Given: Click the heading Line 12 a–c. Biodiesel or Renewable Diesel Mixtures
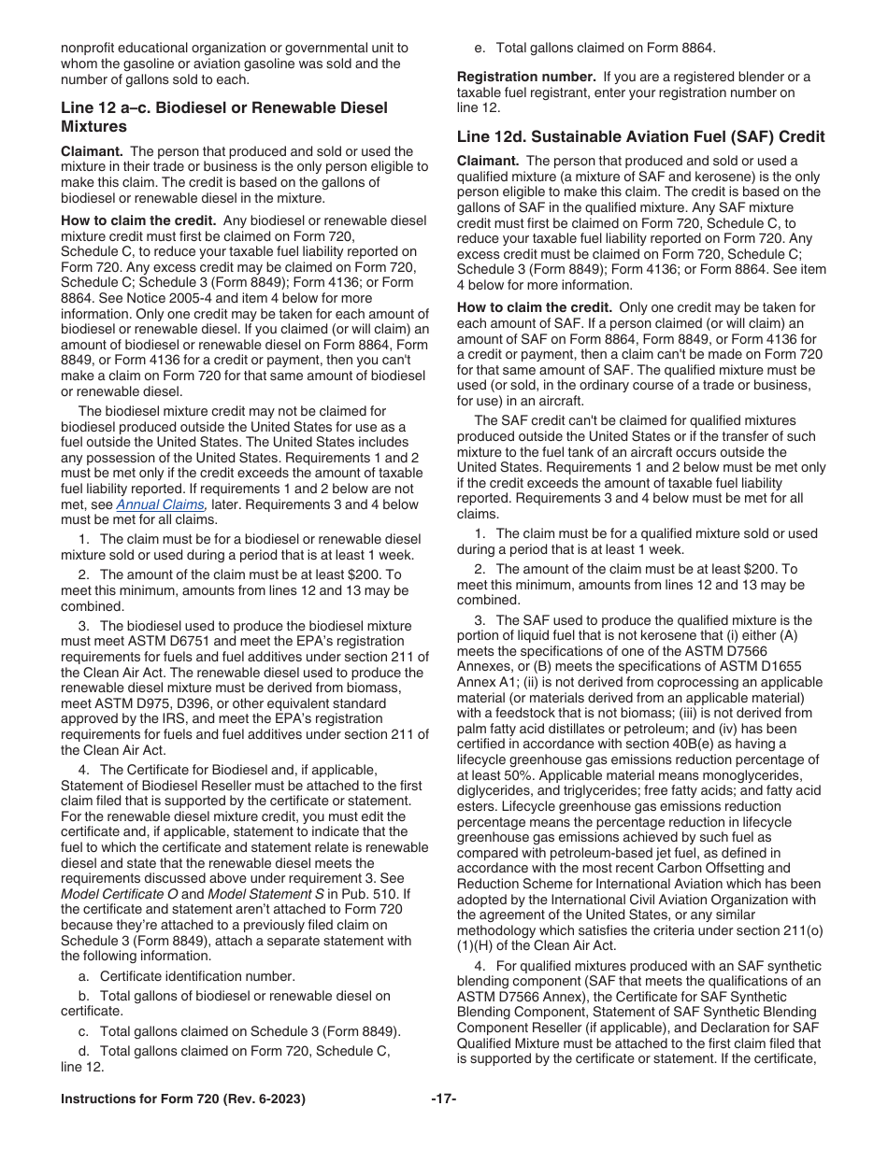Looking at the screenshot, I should click(x=224, y=117).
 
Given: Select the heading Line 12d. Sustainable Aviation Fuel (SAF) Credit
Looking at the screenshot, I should click(x=640, y=137).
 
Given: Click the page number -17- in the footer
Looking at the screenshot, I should click(x=443, y=1099).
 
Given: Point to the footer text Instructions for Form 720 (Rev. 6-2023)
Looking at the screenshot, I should click(x=183, y=1099).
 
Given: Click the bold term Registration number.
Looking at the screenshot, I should click(x=526, y=77).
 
